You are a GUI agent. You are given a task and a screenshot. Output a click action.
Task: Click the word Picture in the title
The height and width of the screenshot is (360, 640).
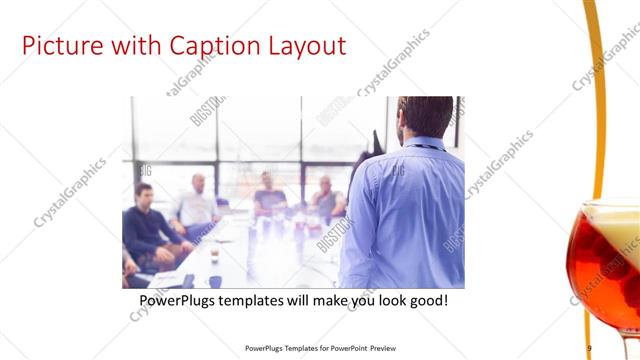62,46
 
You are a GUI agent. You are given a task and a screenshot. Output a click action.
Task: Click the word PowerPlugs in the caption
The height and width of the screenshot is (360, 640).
181,300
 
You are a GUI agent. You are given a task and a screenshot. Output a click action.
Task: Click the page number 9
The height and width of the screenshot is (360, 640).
589,348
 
